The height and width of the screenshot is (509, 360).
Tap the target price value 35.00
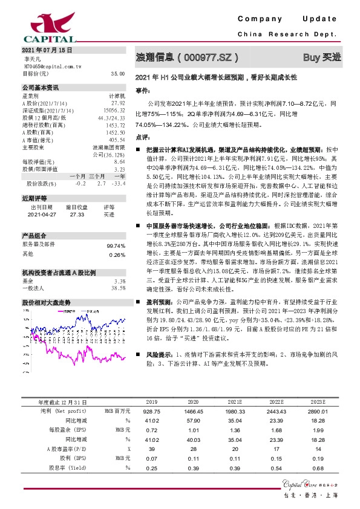coord(117,73)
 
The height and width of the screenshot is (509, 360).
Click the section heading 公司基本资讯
coord(40,88)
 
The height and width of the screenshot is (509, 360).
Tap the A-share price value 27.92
coord(119,103)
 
